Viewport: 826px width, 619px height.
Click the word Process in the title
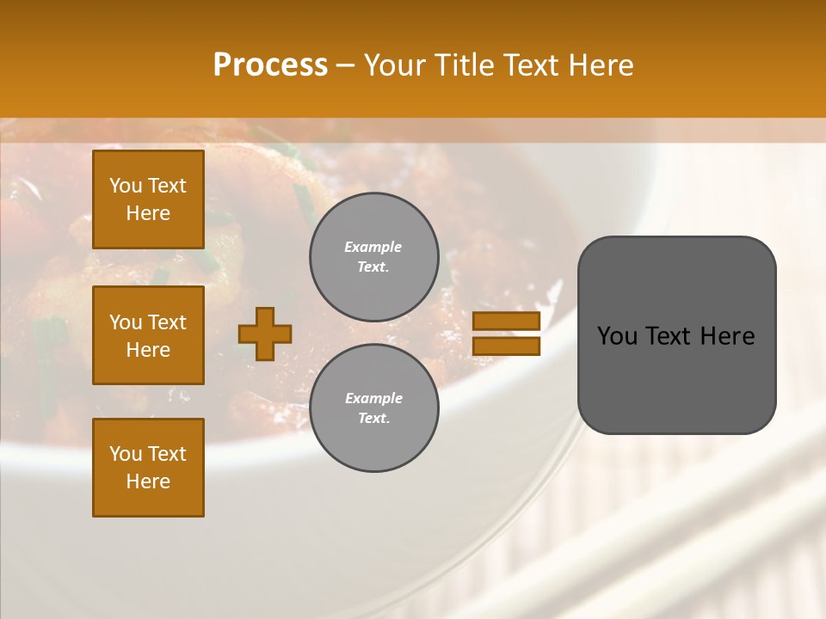click(270, 65)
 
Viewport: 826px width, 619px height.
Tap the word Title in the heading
click(461, 65)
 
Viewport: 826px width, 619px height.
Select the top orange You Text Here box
click(148, 199)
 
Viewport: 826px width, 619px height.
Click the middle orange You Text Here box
click(148, 335)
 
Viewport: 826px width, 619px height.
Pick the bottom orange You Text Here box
click(148, 468)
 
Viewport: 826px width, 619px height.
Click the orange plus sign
click(265, 334)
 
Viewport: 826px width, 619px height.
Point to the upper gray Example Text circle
click(373, 257)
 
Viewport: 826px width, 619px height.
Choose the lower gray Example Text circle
click(373, 408)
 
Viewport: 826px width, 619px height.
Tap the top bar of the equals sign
click(506, 322)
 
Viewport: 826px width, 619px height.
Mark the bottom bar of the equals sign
click(506, 346)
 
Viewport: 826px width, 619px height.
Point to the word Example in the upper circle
click(373, 247)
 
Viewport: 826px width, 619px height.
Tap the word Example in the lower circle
click(373, 398)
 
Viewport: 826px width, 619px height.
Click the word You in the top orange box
click(126, 186)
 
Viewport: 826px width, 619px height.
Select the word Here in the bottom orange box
click(148, 481)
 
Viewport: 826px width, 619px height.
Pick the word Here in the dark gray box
click(727, 336)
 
